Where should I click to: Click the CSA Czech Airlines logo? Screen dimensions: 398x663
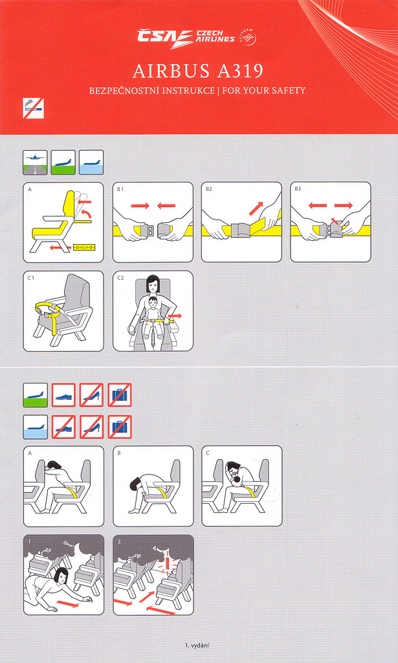coord(186,38)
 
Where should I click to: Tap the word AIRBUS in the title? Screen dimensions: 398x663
coord(171,71)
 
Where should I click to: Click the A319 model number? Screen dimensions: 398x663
coord(240,71)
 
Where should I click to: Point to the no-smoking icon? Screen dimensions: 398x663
coord(34,108)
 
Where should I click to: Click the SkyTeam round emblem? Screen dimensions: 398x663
coord(248,37)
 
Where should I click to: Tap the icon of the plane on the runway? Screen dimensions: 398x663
coord(35,163)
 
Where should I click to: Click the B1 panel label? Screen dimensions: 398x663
coord(120,189)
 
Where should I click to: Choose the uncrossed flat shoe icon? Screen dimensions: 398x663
coord(63,395)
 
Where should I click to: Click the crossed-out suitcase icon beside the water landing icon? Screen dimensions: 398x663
coord(120,427)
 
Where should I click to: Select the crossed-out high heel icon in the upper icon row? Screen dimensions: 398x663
coord(92,395)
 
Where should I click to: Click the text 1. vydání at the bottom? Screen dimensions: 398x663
coord(197,646)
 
